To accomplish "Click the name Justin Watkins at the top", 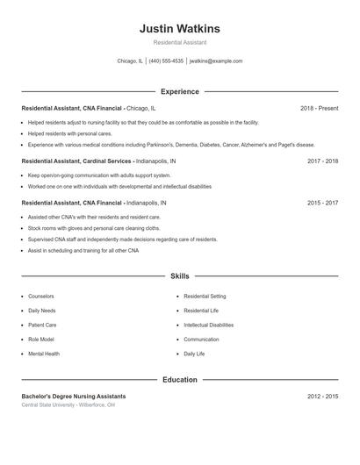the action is pos(179,29).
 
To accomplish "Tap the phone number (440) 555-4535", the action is pos(166,61).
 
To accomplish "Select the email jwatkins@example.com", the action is pos(216,61).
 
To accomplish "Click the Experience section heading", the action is pos(179,91).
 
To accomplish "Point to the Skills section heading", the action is pos(179,276).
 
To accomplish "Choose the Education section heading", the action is pos(179,380).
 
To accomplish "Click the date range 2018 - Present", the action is pos(319,108).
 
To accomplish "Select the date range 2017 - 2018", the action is pos(322,161).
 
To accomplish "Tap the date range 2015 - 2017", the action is pos(322,203).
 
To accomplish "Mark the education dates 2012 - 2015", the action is pos(322,397).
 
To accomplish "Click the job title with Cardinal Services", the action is pos(77,161).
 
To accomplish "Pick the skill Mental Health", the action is pos(44,354).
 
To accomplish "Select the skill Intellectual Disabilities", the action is pos(209,325).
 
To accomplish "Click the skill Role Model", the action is pos(41,340).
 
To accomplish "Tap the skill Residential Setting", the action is pos(205,297).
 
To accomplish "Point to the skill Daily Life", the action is pos(194,354).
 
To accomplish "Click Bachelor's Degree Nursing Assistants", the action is pos(74,397).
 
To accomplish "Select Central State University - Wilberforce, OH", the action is pos(68,405).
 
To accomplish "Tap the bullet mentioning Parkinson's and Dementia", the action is pos(170,145).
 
